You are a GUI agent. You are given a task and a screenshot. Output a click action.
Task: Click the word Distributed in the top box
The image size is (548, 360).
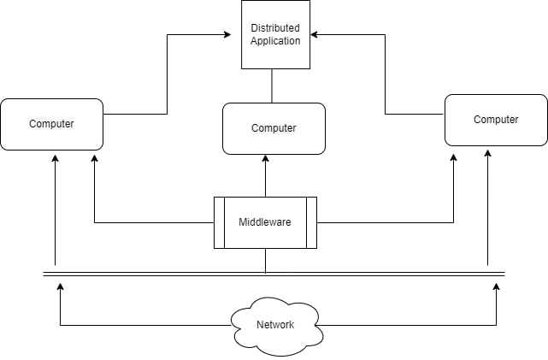click(275, 28)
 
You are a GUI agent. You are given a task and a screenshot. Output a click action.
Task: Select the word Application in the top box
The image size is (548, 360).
click(275, 40)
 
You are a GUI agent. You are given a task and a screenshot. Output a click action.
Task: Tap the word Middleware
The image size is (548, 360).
click(265, 222)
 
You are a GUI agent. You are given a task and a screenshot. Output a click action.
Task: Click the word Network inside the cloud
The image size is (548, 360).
click(275, 325)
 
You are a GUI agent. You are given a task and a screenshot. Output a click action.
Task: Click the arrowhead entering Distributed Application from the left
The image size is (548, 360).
click(227, 35)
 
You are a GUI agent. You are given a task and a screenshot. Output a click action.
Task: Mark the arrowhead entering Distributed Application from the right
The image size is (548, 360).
click(315, 35)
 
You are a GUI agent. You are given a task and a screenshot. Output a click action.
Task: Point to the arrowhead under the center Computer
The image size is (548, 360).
click(265, 159)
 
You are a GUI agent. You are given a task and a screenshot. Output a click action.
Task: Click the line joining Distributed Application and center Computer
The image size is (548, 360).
click(272, 86)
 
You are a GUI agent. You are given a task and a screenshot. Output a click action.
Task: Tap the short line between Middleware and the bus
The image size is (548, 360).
click(265, 261)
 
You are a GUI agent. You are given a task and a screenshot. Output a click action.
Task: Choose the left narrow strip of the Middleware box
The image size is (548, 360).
click(219, 222)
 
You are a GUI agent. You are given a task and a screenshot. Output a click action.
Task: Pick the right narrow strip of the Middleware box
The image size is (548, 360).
click(311, 222)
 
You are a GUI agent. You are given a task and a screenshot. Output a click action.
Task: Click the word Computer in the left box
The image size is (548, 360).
click(52, 124)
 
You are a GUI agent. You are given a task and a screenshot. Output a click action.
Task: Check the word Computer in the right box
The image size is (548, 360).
click(496, 120)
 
